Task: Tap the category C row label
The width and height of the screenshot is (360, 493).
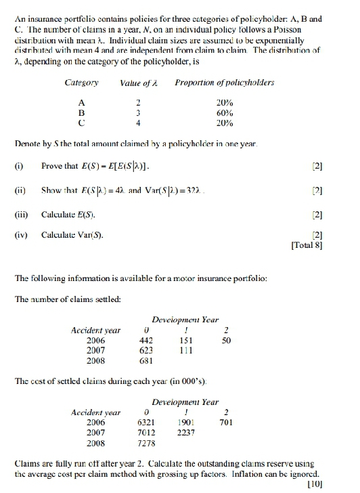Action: pos(82,123)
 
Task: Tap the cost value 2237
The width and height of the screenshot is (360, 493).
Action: pos(186,433)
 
